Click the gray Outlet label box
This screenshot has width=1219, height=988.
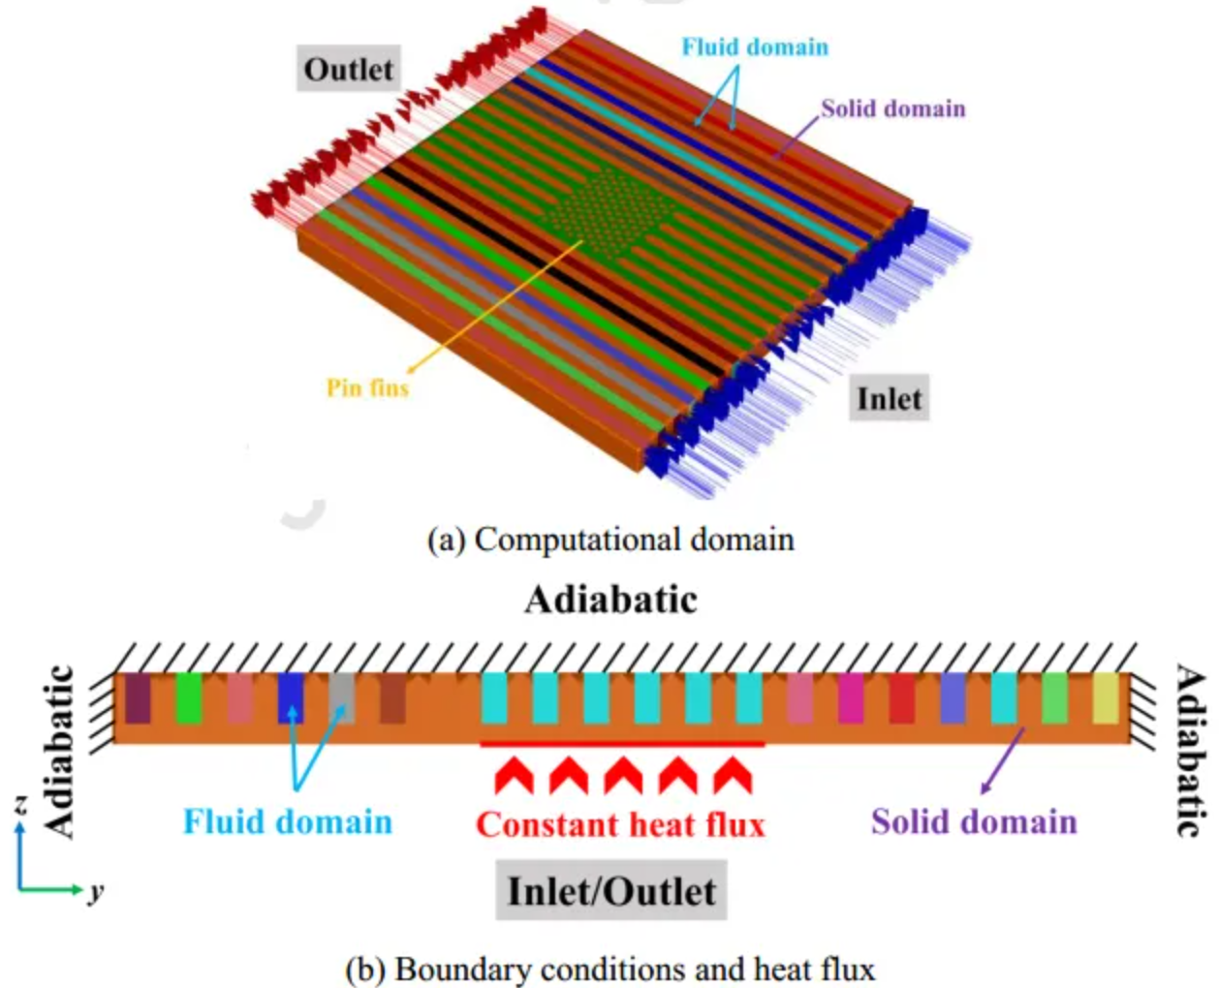click(349, 70)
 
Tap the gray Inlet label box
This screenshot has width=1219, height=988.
click(889, 398)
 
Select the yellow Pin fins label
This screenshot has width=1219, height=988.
click(367, 388)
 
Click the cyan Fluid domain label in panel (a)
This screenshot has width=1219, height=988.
click(755, 46)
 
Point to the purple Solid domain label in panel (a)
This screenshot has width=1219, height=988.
click(892, 108)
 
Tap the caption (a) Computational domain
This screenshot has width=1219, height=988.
click(610, 540)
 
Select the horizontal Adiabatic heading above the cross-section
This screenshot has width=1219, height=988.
click(610, 600)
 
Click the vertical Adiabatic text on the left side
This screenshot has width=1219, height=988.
click(60, 751)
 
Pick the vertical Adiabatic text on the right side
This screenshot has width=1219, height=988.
click(1191, 751)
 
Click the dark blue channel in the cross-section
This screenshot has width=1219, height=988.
click(291, 698)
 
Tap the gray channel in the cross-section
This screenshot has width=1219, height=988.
click(342, 698)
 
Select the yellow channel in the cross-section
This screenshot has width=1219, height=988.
click(1106, 698)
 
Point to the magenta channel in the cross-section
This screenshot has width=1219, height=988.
click(851, 698)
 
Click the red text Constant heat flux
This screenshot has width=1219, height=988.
click(620, 824)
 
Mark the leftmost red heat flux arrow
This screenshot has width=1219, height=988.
click(514, 776)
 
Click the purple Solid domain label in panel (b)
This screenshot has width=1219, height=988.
click(974, 821)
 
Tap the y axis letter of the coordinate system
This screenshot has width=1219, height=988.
click(95, 890)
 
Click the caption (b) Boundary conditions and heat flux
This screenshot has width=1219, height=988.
click(610, 969)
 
